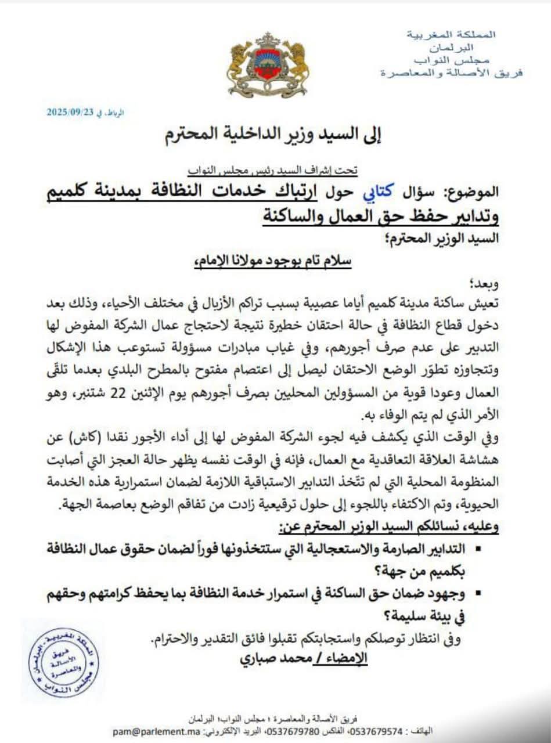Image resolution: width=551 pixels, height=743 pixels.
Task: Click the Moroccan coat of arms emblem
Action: click(x=268, y=65)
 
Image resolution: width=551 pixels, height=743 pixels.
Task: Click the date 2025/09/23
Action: click(x=71, y=114)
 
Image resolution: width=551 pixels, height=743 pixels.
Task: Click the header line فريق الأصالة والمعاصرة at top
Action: click(x=451, y=73)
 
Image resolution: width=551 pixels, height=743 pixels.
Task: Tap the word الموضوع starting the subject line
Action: click(x=472, y=192)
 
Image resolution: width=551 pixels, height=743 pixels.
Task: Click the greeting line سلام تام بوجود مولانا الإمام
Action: click(x=273, y=261)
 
